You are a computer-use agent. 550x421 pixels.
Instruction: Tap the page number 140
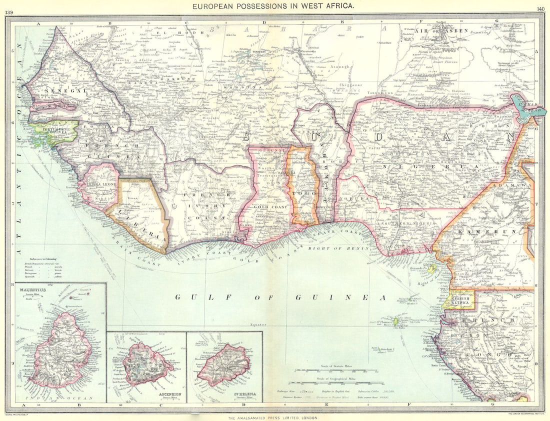coord(540,8)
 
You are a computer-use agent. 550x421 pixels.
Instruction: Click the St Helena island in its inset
coord(223,364)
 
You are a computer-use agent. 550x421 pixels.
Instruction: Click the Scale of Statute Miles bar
coord(336,371)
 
